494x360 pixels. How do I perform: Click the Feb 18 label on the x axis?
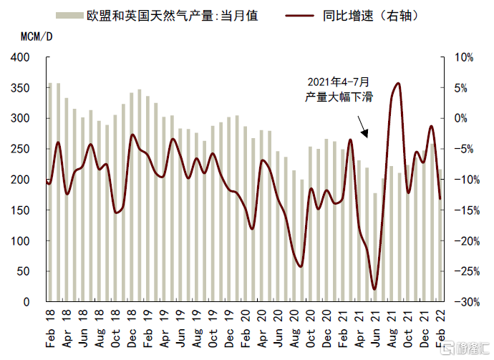(50, 329)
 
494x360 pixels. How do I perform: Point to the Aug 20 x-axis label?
(294, 329)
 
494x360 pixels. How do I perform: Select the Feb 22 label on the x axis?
(440, 329)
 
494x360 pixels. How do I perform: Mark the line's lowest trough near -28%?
(374, 290)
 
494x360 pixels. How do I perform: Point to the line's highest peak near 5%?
(397, 84)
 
